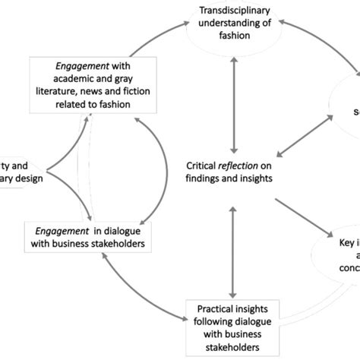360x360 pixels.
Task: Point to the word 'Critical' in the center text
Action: tap(205, 165)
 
